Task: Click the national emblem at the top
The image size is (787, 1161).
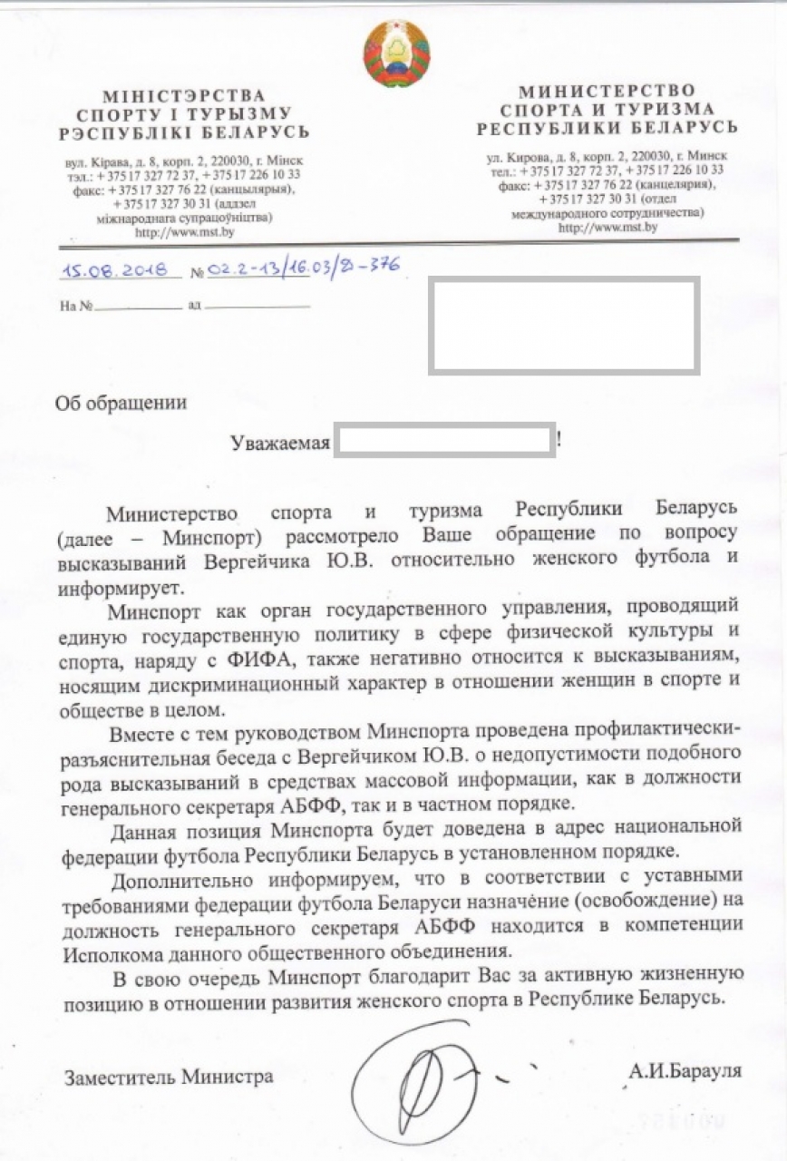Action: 396,54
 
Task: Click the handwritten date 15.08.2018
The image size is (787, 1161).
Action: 121,269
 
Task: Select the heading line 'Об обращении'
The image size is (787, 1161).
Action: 121,404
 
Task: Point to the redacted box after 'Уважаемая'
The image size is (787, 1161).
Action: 444,440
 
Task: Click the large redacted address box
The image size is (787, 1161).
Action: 563,326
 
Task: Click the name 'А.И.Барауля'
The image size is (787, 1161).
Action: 685,1070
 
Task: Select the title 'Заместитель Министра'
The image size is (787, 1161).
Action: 169,1078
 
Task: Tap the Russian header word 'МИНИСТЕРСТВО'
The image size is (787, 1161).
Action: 607,91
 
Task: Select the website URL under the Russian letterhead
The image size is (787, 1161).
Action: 607,228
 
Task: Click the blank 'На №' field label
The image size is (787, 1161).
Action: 76,306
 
